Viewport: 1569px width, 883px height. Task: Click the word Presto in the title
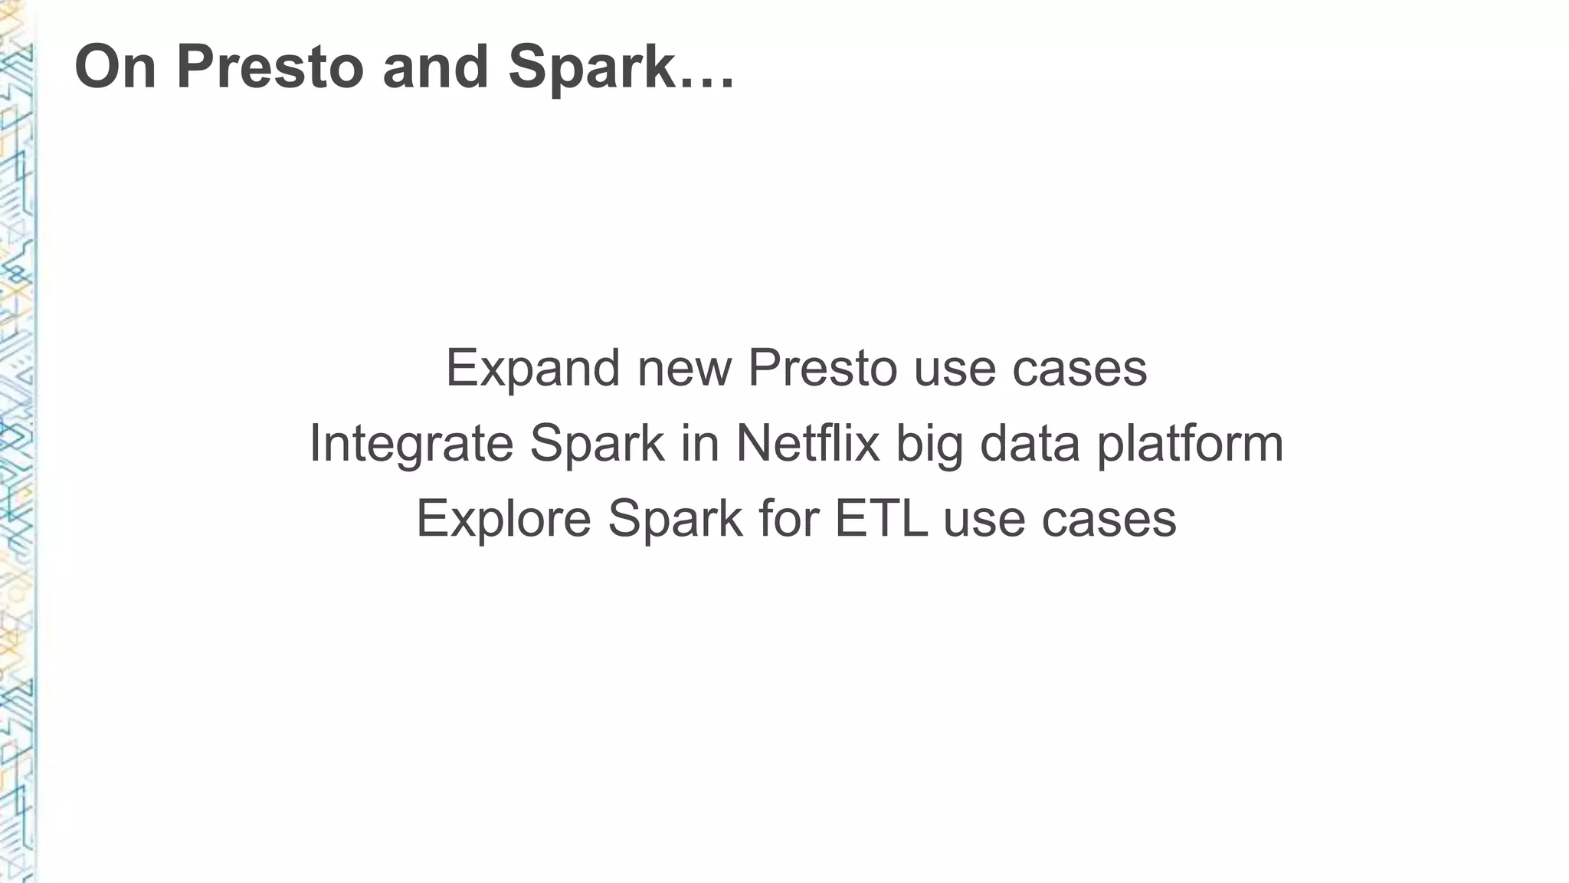(270, 67)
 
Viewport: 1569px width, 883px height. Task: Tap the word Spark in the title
(590, 67)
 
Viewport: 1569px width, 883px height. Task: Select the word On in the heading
(116, 67)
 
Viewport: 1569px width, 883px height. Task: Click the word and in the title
(435, 67)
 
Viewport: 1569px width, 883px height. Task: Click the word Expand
(532, 369)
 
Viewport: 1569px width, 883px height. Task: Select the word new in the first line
(684, 369)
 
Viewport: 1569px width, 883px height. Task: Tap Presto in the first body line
(822, 369)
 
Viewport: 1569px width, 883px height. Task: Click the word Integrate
(411, 444)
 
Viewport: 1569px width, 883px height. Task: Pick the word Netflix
(807, 444)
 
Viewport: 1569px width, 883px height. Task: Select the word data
(1030, 444)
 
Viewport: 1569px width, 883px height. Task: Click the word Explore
(503, 519)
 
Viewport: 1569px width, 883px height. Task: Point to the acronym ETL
(880, 519)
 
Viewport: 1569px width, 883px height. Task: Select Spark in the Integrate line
(597, 444)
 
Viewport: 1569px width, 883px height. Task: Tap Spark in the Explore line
(675, 519)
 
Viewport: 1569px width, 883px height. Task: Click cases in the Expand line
(1079, 369)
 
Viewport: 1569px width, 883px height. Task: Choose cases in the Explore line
(1109, 519)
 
